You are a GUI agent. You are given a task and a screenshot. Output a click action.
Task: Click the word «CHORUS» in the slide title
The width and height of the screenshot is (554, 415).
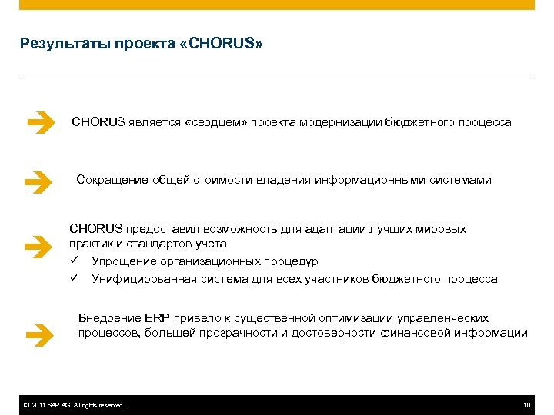click(229, 44)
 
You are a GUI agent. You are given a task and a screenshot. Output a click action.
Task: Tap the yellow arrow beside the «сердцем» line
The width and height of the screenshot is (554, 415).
click(38, 122)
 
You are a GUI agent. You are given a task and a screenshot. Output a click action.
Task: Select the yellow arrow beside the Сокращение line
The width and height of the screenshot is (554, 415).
click(38, 181)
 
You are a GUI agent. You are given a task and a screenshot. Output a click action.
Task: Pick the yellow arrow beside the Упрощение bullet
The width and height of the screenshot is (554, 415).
click(38, 247)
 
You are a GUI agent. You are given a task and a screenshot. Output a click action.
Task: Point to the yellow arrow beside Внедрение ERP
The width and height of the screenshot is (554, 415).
click(38, 334)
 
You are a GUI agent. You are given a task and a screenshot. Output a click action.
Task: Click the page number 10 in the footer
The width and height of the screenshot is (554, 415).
click(526, 405)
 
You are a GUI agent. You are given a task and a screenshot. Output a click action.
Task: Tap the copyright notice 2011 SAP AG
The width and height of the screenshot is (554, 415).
click(74, 405)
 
